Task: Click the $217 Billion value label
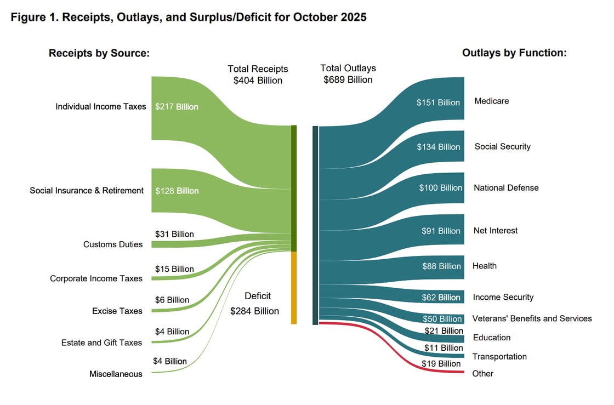(x=177, y=107)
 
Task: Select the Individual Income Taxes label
(x=101, y=106)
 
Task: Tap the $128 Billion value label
(x=177, y=191)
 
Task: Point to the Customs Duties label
(x=113, y=244)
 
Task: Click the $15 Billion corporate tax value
(x=174, y=269)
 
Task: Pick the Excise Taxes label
(x=117, y=311)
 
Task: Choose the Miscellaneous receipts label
(x=116, y=374)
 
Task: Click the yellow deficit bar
(x=294, y=288)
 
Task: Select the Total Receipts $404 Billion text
(x=258, y=75)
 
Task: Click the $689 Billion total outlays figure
(x=348, y=80)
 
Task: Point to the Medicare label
(x=492, y=101)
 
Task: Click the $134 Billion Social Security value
(x=439, y=147)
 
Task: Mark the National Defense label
(x=506, y=187)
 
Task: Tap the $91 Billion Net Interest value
(x=441, y=231)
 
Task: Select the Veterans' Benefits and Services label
(x=532, y=318)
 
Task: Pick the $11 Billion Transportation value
(x=444, y=348)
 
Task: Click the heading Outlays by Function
(x=514, y=53)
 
